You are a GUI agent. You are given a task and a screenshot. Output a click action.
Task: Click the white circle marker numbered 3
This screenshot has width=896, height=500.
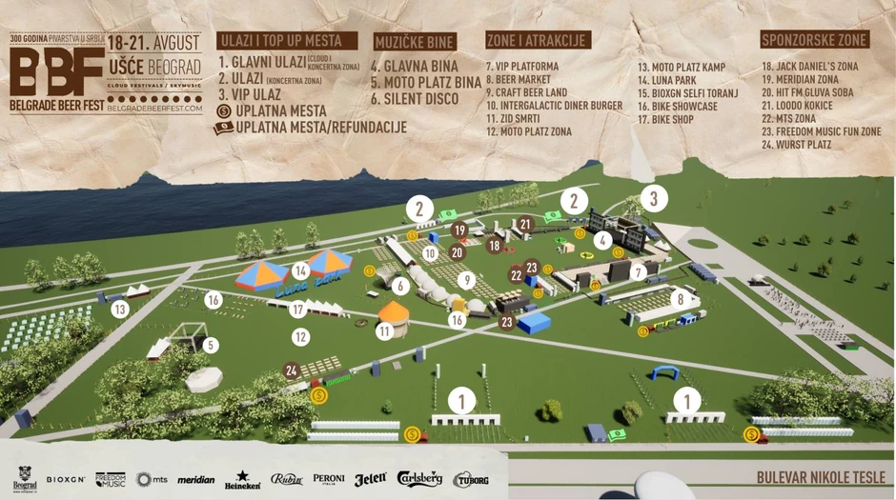653,199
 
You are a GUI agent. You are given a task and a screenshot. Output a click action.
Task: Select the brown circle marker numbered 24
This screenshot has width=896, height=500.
293,370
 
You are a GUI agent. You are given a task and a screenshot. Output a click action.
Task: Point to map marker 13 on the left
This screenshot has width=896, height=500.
119,309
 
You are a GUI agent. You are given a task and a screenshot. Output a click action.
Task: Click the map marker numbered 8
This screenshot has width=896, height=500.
680,299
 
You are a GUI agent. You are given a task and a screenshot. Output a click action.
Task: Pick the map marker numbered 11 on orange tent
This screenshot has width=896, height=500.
384,331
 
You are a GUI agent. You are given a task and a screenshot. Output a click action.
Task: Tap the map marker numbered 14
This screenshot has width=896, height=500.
301,270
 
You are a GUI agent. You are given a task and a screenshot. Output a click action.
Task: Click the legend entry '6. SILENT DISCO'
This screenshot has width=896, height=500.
415,98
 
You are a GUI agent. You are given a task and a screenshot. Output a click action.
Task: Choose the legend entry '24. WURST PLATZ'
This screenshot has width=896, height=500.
797,145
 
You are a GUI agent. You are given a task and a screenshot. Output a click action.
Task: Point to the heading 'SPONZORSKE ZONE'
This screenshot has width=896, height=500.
814,40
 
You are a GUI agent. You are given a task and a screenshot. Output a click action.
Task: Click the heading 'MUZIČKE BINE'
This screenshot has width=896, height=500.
415,42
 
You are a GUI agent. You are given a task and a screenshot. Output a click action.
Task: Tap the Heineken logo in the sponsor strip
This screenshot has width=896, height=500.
242,479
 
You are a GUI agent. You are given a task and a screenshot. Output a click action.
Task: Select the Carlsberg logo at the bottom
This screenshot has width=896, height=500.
419,479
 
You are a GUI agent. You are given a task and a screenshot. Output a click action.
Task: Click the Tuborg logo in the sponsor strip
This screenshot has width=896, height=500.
471,479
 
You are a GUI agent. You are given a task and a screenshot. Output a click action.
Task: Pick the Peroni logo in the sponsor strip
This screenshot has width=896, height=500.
329,479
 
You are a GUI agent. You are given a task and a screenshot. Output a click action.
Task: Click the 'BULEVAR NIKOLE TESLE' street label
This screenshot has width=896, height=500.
821,478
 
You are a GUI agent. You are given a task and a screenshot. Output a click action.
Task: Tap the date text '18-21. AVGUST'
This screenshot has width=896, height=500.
153,43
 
